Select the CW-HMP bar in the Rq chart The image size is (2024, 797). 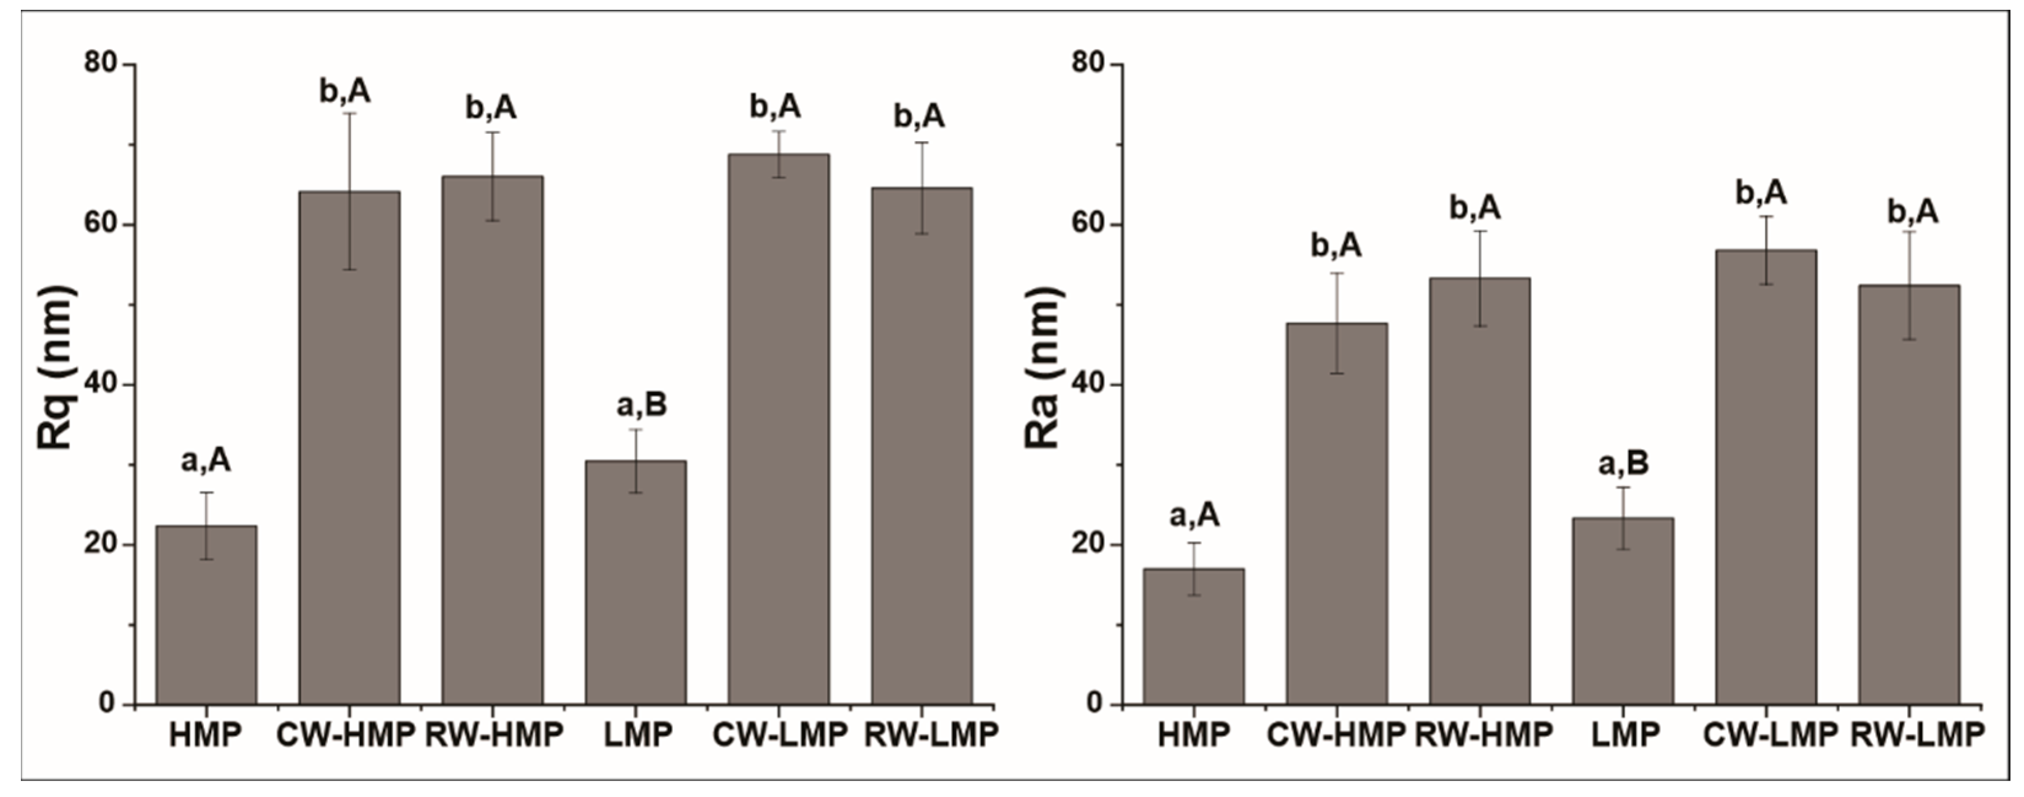pyautogui.click(x=349, y=448)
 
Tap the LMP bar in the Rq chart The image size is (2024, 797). pyautogui.click(x=636, y=582)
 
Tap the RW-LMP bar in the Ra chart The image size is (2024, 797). pyautogui.click(x=1909, y=495)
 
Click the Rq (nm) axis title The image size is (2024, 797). pyautogui.click(x=56, y=368)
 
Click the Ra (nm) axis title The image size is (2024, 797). pyautogui.click(x=1044, y=368)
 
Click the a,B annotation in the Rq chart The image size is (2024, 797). pyautogui.click(x=641, y=406)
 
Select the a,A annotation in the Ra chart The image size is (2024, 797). pyautogui.click(x=1195, y=517)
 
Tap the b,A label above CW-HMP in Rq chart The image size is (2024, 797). pyautogui.click(x=344, y=92)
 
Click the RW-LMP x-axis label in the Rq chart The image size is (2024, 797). pyautogui.click(x=930, y=735)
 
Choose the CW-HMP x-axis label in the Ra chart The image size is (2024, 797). pyautogui.click(x=1336, y=735)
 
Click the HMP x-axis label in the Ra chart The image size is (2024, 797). pyautogui.click(x=1193, y=735)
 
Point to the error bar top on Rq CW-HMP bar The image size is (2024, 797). pyautogui.click(x=349, y=114)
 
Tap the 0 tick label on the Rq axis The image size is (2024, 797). pyautogui.click(x=107, y=704)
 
